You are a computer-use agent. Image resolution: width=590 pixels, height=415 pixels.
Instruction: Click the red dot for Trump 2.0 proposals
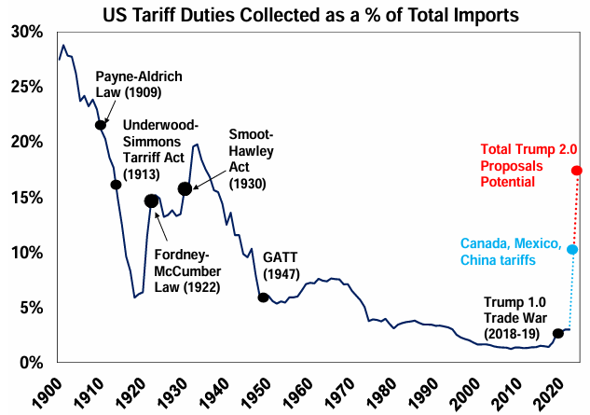pos(577,170)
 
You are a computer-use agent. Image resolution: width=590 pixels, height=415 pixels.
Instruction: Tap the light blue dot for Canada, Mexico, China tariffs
pos(572,249)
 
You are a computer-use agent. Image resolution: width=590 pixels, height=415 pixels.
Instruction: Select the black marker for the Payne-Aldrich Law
pos(100,125)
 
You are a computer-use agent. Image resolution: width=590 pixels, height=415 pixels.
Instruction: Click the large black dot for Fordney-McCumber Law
pos(152,201)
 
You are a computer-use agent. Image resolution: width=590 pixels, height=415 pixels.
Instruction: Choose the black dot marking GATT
pos(264,298)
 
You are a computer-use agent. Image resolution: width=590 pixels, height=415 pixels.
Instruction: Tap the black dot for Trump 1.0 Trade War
pos(557,333)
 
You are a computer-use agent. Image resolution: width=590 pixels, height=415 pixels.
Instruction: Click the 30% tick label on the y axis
pos(28,32)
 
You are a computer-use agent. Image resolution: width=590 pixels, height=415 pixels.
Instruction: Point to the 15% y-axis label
pos(28,198)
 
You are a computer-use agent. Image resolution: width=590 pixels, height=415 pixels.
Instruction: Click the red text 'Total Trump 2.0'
pos(528,150)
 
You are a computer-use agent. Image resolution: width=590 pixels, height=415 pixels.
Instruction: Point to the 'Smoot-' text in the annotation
pos(250,134)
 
